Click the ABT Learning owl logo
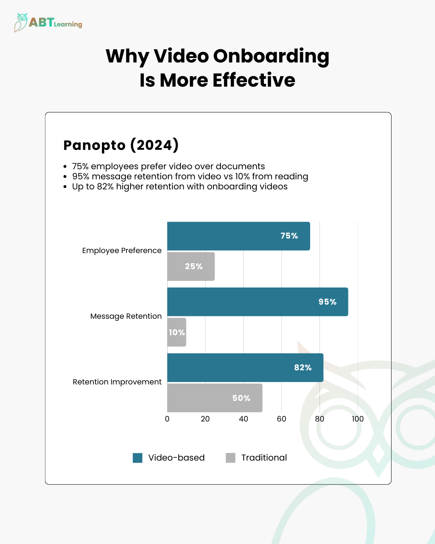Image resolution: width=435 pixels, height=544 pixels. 21,22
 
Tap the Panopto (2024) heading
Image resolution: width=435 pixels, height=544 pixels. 121,145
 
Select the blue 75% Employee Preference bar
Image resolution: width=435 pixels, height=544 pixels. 238,236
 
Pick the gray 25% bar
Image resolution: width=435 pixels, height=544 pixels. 191,266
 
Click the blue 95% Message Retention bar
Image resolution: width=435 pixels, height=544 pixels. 258,302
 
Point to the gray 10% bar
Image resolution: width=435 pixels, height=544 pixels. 177,332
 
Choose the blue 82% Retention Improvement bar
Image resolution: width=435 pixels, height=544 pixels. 245,368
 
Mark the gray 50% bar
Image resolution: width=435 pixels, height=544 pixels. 215,398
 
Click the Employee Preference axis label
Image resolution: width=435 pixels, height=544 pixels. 122,251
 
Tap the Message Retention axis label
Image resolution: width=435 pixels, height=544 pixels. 126,316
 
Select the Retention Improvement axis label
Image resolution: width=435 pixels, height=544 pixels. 117,382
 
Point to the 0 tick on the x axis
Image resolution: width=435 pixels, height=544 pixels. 167,419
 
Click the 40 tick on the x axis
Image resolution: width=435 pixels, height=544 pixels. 243,419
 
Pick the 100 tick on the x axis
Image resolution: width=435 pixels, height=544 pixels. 358,419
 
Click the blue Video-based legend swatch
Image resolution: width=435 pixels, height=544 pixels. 138,458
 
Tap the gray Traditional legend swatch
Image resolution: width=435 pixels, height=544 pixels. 230,458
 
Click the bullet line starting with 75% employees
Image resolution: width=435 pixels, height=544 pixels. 168,166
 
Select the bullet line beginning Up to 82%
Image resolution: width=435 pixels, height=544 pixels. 180,187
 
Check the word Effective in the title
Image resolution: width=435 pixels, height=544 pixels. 254,80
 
